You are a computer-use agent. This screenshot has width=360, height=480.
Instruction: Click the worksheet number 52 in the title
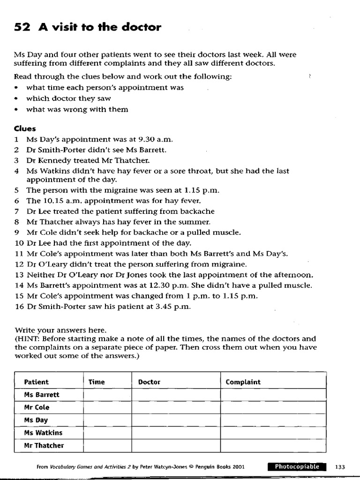(x=22, y=27)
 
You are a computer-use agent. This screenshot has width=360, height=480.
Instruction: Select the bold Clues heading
(x=25, y=128)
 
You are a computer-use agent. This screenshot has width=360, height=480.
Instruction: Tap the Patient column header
(x=37, y=382)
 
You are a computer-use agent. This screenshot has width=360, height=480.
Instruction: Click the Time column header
(x=97, y=382)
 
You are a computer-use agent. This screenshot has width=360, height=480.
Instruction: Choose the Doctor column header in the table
(x=149, y=382)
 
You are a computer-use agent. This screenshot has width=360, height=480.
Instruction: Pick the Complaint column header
(x=243, y=382)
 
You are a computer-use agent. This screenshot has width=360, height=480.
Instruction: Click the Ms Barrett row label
(x=42, y=395)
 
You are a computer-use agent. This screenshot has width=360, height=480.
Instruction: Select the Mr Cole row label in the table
(x=37, y=407)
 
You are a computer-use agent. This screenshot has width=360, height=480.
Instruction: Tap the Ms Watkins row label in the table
(x=43, y=433)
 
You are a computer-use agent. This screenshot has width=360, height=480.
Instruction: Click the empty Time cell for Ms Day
(x=107, y=420)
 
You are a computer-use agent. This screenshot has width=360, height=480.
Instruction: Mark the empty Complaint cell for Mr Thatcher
(x=273, y=445)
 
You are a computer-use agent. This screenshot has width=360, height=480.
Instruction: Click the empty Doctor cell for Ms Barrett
(x=176, y=395)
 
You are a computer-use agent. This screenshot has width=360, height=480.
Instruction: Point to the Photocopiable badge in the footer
(x=297, y=467)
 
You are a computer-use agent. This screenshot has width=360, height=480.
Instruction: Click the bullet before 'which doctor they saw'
(x=17, y=98)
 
